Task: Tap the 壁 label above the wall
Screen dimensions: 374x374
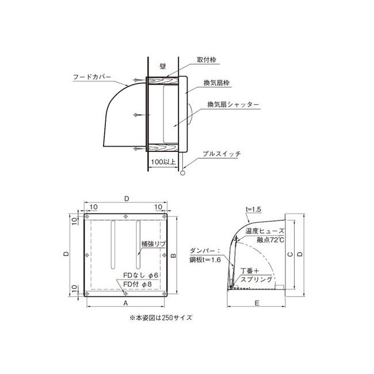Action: tap(163, 67)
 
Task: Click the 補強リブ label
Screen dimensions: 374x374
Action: tap(153, 243)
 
